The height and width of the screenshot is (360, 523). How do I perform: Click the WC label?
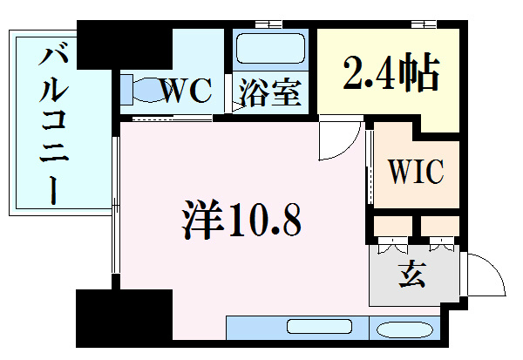click(x=186, y=91)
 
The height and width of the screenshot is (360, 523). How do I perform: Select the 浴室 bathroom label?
click(x=270, y=92)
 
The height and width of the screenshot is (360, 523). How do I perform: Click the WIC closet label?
click(x=415, y=170)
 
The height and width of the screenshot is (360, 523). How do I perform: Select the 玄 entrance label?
click(x=411, y=277)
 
